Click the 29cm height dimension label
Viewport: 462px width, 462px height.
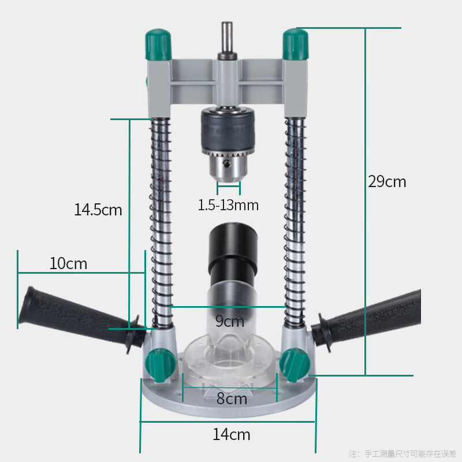[x=387, y=182]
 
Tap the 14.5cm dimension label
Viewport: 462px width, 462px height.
[x=98, y=209]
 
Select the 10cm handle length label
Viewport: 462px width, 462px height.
[x=68, y=263]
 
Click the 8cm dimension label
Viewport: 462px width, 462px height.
[x=232, y=398]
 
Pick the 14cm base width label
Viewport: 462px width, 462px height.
[x=231, y=434]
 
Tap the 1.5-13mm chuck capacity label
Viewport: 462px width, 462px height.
[x=228, y=205]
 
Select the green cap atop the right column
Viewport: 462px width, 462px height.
[x=295, y=43]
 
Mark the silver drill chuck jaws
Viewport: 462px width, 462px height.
[x=228, y=167]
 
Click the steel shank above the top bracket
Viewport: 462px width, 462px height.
[x=226, y=38]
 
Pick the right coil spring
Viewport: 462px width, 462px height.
[x=295, y=219]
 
